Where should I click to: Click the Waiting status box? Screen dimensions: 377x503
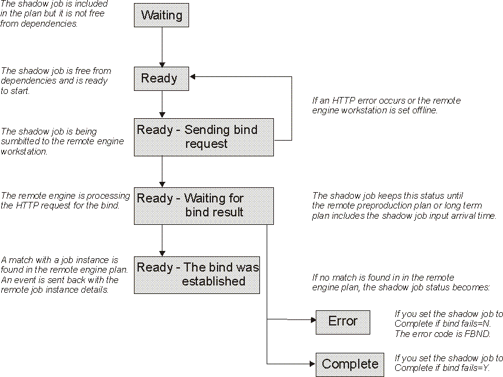pyautogui.click(x=161, y=15)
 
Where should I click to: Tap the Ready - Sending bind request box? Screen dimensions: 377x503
pyautogui.click(x=204, y=137)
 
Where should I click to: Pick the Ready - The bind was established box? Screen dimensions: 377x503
pyautogui.click(x=197, y=274)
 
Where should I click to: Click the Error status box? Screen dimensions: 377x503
pyautogui.click(x=342, y=321)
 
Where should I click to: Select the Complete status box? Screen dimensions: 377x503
pyautogui.click(x=350, y=364)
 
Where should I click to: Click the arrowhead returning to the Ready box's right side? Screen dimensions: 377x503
pyautogui.click(x=193, y=76)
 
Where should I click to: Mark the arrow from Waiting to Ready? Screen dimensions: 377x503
pyautogui.click(x=162, y=46)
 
